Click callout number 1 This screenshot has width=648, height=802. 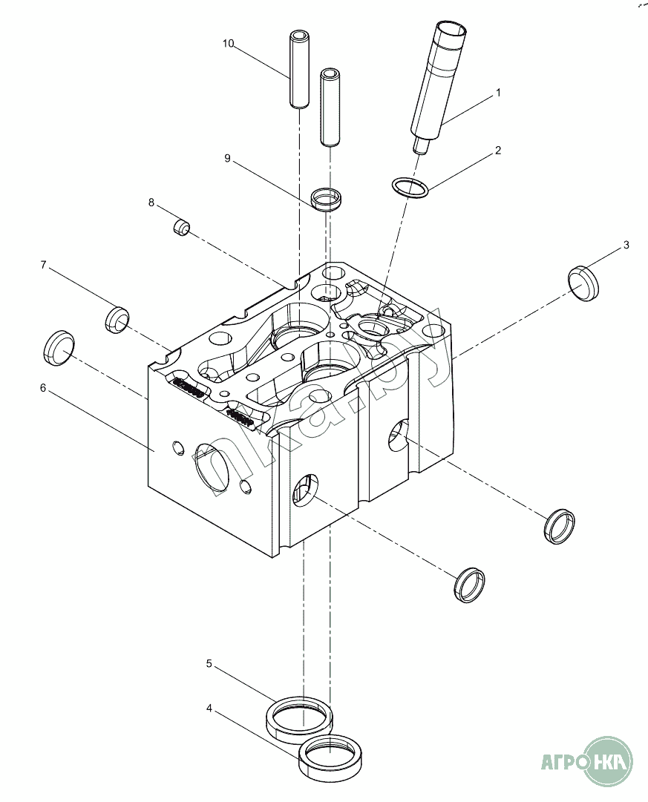[498, 93]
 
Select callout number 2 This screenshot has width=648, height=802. [498, 151]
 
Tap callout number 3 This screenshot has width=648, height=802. [626, 245]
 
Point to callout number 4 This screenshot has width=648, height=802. [209, 709]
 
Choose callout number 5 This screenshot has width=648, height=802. [209, 663]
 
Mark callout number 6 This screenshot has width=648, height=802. [43, 388]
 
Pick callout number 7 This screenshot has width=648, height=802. [43, 265]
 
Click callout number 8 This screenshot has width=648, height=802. [151, 203]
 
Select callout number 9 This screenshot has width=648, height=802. [227, 159]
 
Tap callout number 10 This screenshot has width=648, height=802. [229, 44]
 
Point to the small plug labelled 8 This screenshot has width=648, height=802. [182, 228]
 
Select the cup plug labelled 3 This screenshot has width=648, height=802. [583, 283]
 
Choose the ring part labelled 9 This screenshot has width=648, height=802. [327, 199]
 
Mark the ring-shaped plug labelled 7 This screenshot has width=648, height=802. [117, 320]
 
